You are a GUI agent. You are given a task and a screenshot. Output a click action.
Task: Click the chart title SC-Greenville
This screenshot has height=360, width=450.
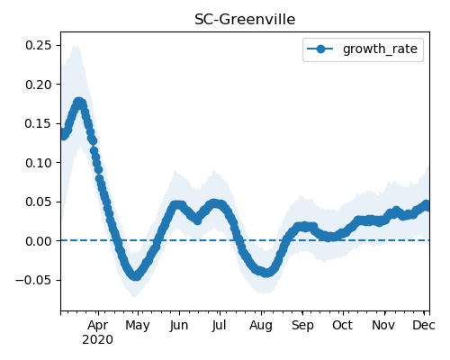tap(245, 20)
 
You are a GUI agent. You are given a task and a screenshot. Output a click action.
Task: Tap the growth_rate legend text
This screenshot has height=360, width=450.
tap(380, 49)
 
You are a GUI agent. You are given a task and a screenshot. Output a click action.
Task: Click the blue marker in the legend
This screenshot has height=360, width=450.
tap(320, 49)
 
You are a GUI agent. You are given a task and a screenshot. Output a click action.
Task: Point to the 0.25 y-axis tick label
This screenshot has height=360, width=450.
tap(39, 45)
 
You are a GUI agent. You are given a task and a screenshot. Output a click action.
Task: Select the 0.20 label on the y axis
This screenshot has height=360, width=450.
tap(39, 85)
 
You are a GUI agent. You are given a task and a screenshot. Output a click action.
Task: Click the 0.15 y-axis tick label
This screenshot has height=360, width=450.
tap(39, 123)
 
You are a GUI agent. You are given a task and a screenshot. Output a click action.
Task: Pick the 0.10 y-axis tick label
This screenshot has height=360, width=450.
tap(39, 163)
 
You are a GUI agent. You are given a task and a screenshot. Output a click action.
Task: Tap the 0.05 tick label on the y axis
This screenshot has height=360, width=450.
tap(39, 202)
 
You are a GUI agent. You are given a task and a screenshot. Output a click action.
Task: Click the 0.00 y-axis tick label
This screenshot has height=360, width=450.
tap(39, 241)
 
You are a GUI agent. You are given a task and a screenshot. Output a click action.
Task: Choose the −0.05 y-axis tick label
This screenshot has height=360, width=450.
tap(33, 280)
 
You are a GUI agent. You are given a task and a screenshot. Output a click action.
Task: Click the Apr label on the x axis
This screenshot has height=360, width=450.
tap(98, 326)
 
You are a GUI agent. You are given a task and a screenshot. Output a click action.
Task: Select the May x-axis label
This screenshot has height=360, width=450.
tap(138, 326)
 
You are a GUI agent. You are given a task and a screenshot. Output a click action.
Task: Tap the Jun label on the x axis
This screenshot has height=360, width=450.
tap(179, 325)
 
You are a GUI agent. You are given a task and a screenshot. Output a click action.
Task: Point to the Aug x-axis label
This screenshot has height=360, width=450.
tap(261, 326)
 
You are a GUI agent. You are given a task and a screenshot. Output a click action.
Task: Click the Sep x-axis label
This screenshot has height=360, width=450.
tap(302, 326)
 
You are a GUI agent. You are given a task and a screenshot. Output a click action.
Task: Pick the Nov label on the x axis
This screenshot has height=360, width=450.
tap(383, 325)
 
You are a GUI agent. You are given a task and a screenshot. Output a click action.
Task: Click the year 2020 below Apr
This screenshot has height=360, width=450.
tap(98, 340)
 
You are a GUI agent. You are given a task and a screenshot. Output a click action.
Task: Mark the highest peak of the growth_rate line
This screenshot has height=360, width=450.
tap(78, 103)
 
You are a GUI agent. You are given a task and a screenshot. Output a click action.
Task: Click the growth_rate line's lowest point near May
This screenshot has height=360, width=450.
tap(136, 275)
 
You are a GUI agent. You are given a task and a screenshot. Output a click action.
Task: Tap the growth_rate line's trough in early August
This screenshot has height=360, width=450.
tap(265, 273)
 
